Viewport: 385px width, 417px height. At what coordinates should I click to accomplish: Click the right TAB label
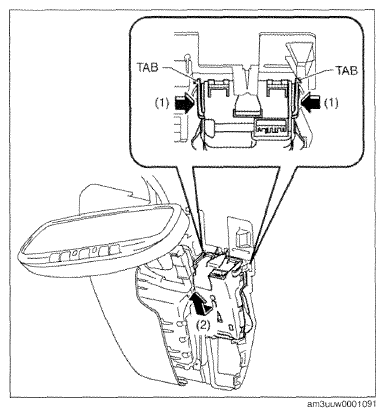pos(347,70)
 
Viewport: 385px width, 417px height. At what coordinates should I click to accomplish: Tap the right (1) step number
pos(331,103)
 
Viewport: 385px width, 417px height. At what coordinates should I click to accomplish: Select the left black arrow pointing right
pos(184,104)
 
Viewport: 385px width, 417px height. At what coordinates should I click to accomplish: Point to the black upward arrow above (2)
pos(201,303)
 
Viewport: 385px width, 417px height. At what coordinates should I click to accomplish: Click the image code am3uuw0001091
pos(341,404)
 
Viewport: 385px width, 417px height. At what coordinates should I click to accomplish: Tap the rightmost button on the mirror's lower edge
pos(114,250)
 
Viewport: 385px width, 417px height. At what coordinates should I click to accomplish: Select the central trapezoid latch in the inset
pos(247,104)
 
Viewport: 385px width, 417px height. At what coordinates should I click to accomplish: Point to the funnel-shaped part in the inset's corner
pos(299,53)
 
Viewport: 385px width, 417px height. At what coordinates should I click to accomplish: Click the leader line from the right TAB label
pos(317,75)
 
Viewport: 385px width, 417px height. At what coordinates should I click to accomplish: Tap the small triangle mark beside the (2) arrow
pos(219,317)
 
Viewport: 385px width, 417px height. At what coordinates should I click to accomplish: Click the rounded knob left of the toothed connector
pos(209,128)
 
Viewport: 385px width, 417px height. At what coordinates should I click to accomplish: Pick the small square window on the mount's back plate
pos(241,237)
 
